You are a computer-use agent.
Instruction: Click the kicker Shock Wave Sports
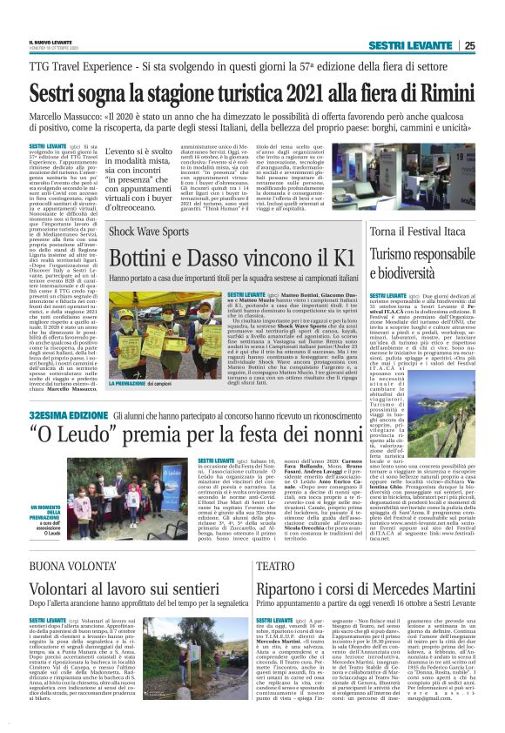click(x=147, y=232)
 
